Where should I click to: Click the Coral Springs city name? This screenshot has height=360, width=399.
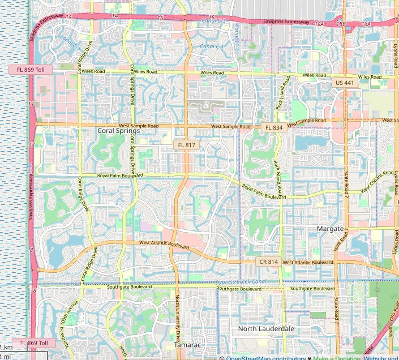coord(118,130)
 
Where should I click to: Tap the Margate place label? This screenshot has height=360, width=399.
coord(329,229)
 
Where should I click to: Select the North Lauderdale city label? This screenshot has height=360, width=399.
coord(266,329)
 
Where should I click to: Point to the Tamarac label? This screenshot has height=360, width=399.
coord(187,344)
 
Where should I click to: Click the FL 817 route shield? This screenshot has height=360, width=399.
coord(186,145)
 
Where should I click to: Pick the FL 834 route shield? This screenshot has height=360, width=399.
coord(273,128)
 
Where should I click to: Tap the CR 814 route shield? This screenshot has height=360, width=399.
coord(268,262)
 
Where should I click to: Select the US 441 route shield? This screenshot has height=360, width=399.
coord(344,83)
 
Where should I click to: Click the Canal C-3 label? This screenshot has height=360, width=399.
coord(213,21)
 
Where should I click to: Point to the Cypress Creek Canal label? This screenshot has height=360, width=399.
coord(241,282)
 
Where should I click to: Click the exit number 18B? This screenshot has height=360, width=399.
coord(341,24)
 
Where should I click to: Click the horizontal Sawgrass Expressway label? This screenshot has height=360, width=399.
coord(286,22)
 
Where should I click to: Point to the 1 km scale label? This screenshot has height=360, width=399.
coord(6,346)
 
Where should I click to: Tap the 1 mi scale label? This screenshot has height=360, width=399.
coord(6,356)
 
